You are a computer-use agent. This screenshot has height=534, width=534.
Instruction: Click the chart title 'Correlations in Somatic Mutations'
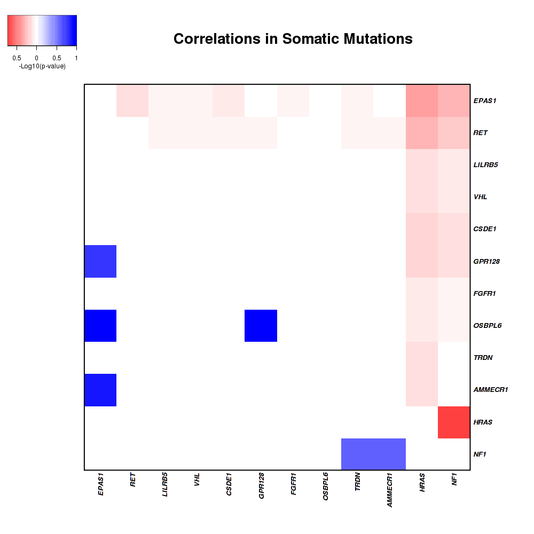pos(293,39)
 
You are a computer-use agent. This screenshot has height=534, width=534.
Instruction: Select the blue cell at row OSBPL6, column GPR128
pos(261,325)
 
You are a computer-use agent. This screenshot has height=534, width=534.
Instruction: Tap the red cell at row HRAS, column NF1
pos(454,422)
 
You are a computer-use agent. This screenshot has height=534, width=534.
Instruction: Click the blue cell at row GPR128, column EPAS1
pos(100,261)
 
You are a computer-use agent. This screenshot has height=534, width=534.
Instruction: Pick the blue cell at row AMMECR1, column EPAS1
pos(100,390)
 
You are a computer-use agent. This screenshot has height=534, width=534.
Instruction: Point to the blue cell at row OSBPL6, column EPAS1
pos(100,325)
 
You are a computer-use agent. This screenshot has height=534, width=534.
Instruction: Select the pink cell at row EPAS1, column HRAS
pos(422,100)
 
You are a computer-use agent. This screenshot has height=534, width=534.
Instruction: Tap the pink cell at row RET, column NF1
pos(454,132)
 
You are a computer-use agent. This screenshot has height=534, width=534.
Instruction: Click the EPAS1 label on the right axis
pos(484,100)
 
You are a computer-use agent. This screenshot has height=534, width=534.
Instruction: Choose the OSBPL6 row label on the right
pos(486,325)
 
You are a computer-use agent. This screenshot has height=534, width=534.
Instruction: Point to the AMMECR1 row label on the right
pos(490,390)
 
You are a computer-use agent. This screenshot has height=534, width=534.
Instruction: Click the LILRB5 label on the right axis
pos(485,164)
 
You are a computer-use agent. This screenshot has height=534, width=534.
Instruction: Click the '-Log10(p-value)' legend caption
pos(42,66)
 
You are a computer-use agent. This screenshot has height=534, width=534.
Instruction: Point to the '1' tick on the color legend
pos(76,58)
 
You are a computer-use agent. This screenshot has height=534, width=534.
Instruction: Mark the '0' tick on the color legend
pos(36,58)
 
